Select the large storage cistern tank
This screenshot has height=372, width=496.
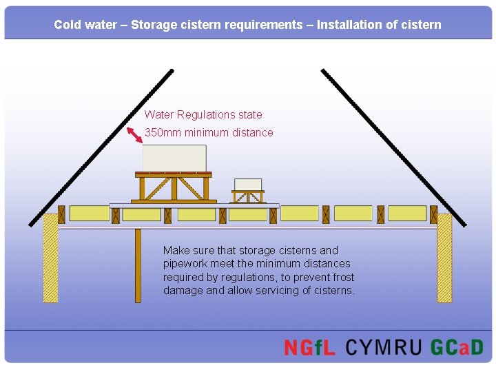[174, 158]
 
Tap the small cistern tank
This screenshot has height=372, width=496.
[248, 184]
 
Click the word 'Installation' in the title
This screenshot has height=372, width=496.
[347, 25]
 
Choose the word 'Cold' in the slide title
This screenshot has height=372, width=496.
[67, 25]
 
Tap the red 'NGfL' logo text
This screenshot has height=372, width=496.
[309, 347]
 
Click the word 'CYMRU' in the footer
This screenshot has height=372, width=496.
[383, 347]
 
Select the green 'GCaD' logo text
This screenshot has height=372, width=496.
[457, 347]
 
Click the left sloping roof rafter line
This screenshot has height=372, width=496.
[101, 147]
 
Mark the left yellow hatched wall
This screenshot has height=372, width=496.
[50, 258]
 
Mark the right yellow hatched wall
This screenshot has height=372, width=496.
[444, 258]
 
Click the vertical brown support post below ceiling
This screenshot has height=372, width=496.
[138, 265]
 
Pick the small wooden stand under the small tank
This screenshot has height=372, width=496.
[248, 197]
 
